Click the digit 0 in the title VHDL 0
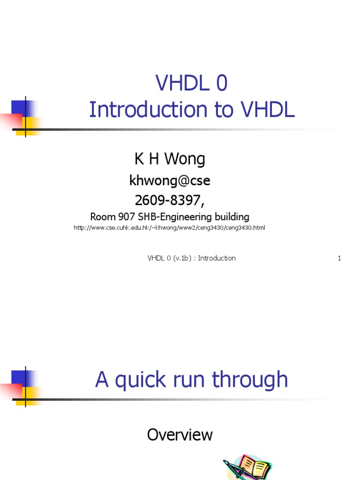221,83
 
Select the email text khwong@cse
170,180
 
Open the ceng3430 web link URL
170,228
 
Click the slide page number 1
339,258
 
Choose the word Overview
180,435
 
